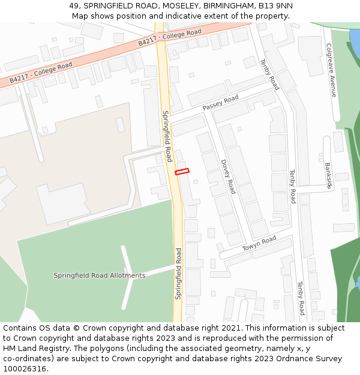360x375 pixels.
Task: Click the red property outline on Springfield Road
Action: [x=182, y=172]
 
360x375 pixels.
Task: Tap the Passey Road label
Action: [x=220, y=103]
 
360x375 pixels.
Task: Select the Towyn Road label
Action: [x=259, y=244]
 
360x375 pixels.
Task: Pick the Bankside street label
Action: [x=328, y=175]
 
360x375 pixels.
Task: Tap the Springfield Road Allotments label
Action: [x=99, y=275]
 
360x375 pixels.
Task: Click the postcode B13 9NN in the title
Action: [x=275, y=6]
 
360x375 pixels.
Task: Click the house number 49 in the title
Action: [x=74, y=6]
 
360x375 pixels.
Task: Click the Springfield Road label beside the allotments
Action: [x=178, y=274]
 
